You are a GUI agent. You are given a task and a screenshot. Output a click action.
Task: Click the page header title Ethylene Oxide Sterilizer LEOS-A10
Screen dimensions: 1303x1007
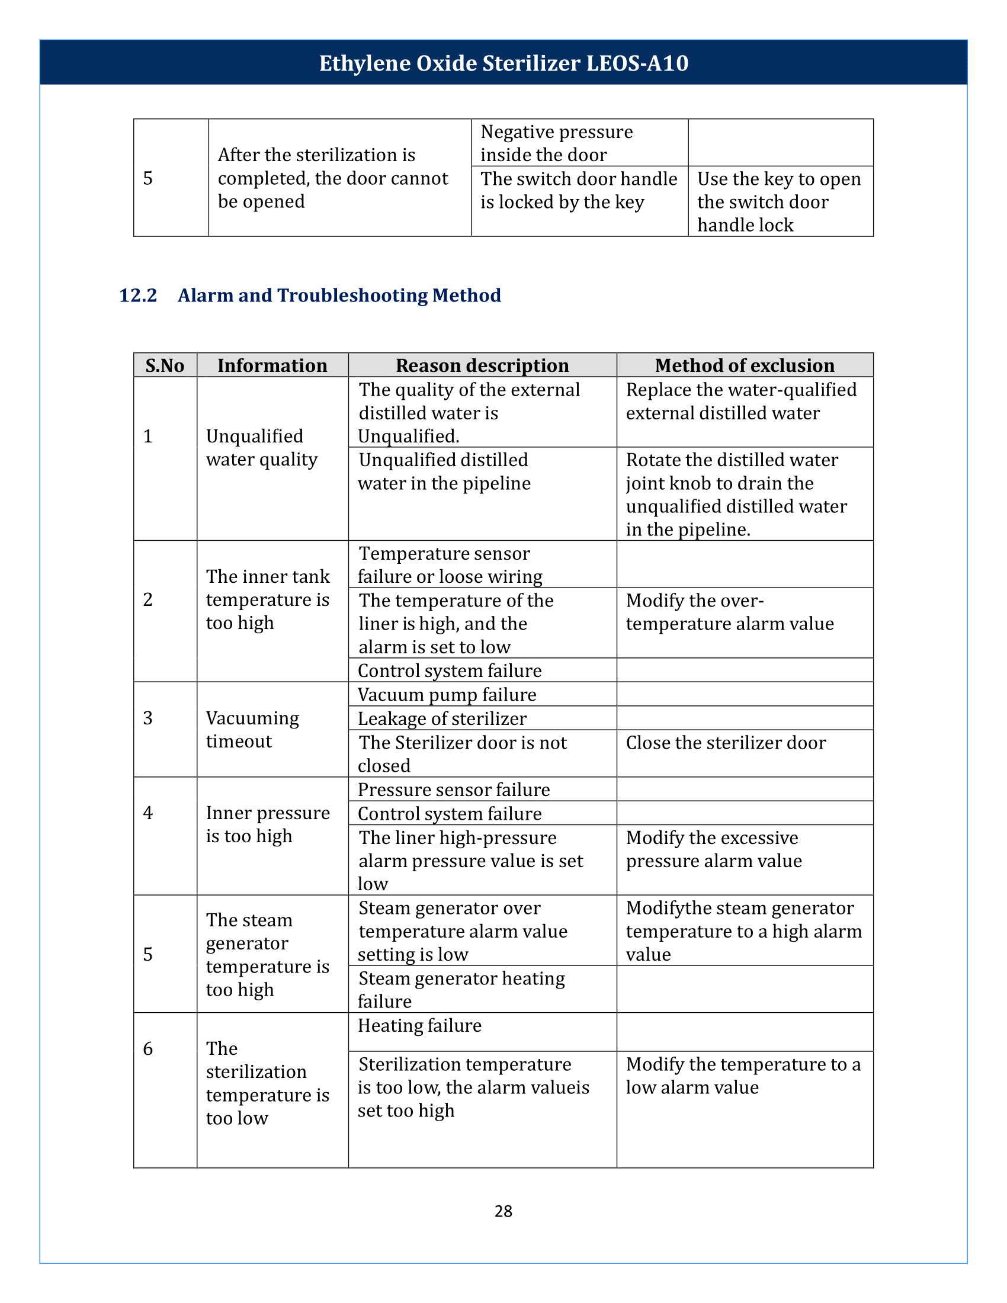[x=504, y=63]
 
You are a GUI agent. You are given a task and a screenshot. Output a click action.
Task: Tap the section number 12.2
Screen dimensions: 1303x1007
[x=138, y=296]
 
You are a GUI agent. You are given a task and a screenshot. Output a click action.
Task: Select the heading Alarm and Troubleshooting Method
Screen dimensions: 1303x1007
[x=339, y=296]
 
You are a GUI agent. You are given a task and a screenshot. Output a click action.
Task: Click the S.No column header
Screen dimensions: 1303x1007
[x=165, y=365]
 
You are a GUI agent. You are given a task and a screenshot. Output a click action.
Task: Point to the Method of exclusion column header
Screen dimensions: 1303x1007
[x=745, y=365]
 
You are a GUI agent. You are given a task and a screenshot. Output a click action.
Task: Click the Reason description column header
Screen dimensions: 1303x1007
[x=482, y=365]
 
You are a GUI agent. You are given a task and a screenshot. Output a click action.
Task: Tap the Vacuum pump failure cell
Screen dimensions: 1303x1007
[x=447, y=695]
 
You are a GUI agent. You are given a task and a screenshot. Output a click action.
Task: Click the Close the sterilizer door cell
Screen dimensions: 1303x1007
[x=726, y=742]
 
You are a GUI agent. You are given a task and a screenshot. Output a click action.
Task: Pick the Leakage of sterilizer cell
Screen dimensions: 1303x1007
[x=442, y=718]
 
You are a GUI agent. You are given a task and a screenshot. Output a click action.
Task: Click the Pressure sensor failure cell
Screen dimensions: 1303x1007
[x=453, y=789]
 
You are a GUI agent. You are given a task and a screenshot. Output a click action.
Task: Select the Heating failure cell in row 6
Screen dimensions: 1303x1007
[x=419, y=1025]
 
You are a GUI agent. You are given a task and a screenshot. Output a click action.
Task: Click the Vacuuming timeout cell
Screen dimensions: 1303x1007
[x=252, y=729]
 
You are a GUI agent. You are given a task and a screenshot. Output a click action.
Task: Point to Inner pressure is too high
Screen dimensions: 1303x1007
[x=267, y=824]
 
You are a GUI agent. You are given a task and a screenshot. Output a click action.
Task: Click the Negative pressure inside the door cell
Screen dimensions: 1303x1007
[x=556, y=143]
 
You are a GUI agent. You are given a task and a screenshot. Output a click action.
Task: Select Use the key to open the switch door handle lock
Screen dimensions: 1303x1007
[x=778, y=201]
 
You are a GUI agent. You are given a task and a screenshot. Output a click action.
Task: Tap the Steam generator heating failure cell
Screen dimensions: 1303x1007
[x=461, y=989]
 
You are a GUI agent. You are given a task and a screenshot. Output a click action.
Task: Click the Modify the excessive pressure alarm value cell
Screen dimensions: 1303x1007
[x=714, y=849]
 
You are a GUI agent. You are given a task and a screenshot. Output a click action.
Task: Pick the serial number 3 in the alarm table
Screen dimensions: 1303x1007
[x=148, y=718]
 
